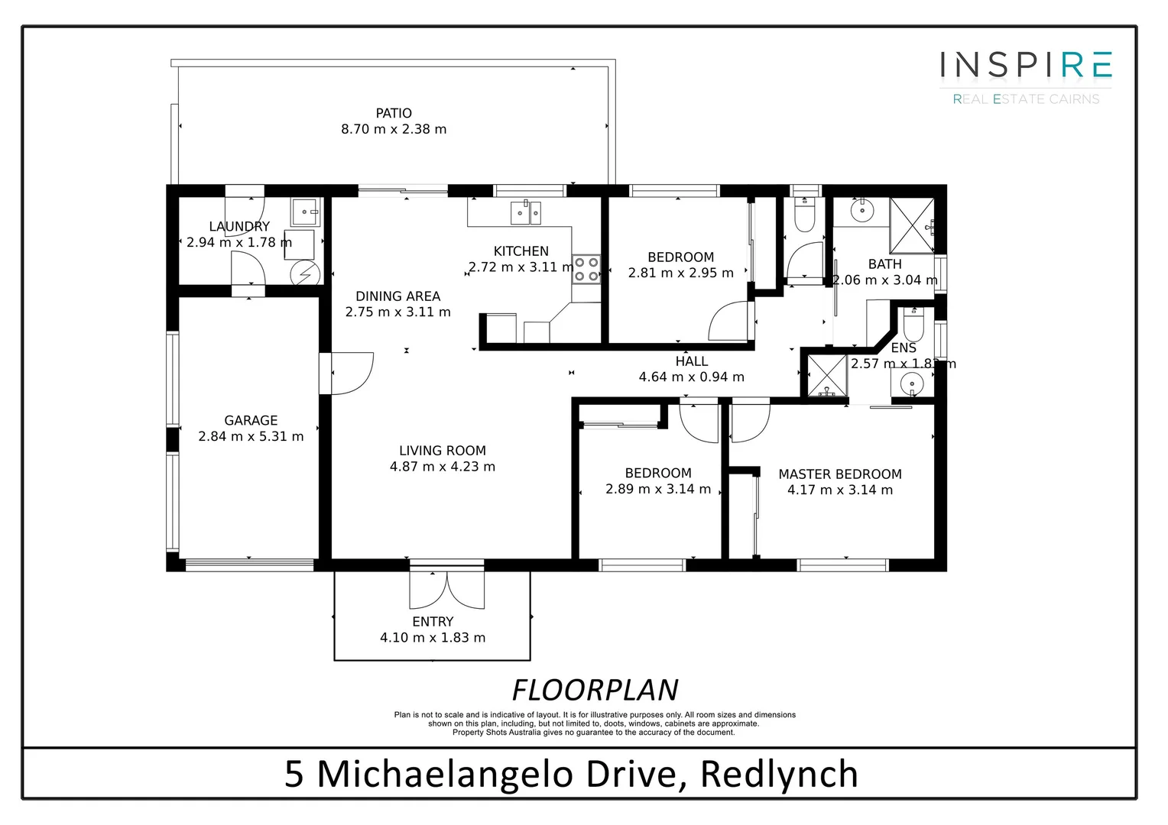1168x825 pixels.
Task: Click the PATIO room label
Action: [x=394, y=113]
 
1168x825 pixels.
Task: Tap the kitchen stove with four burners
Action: [x=587, y=269]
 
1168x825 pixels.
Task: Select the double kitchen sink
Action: [x=526, y=212]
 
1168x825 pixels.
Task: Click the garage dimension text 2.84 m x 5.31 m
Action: [x=251, y=437]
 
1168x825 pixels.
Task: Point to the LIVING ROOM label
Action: [x=442, y=451]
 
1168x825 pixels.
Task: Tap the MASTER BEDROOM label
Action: [x=839, y=474]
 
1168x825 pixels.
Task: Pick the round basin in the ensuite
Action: [x=911, y=384]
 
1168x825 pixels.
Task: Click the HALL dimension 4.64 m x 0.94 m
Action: [x=691, y=377]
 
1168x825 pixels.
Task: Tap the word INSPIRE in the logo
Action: [x=1026, y=66]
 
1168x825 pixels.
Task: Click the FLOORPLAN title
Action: [x=595, y=690]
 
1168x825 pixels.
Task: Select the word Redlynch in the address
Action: [x=779, y=774]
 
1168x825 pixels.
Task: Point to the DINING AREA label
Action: [x=397, y=296]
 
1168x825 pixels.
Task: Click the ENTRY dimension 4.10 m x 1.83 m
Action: [x=433, y=638]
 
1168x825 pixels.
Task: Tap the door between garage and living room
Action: [x=348, y=373]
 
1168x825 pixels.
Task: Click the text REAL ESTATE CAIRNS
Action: [x=1026, y=99]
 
